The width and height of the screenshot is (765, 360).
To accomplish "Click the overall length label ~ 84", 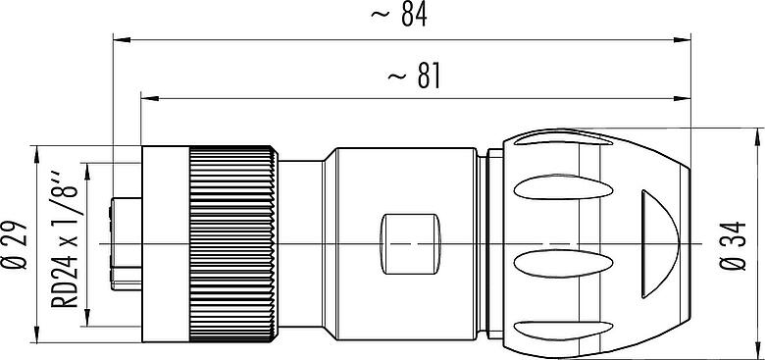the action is tap(398, 15).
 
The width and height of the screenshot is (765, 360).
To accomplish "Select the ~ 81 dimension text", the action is tap(414, 77).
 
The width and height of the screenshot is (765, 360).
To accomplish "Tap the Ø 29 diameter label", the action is tap(15, 245).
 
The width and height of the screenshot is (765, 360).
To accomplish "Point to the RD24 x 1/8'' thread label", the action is tap(65, 239).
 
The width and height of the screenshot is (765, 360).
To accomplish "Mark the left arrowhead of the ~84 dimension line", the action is tap(122, 39).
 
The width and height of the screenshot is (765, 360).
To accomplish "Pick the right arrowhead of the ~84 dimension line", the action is tap(682, 39).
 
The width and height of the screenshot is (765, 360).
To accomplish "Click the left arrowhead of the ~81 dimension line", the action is tap(150, 98).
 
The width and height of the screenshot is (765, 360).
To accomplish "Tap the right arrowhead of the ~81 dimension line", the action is tap(682, 98).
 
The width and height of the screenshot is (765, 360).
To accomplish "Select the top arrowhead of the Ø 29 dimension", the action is tap(37, 154).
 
